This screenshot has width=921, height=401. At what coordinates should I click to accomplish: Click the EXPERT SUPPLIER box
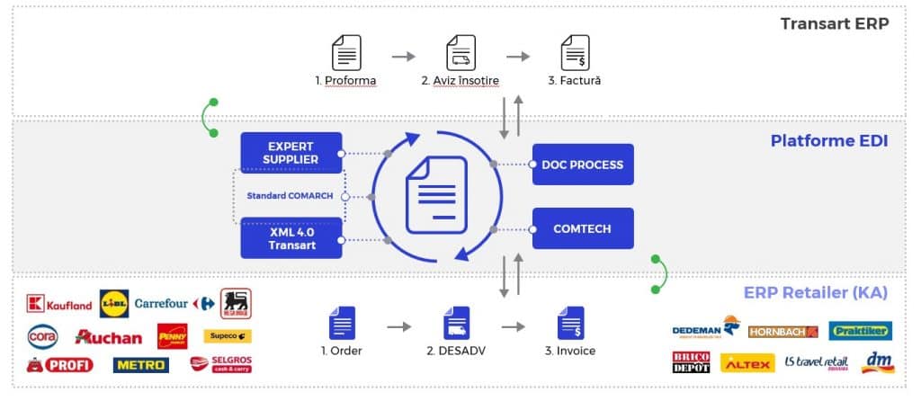click(291, 153)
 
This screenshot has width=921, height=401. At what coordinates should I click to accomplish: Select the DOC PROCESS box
click(583, 165)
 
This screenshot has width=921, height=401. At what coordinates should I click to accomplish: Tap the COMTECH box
click(583, 229)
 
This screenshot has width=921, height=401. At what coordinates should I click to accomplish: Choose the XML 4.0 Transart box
click(291, 238)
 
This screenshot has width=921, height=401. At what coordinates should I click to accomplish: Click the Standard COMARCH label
click(291, 196)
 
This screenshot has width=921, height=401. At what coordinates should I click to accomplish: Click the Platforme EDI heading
click(829, 141)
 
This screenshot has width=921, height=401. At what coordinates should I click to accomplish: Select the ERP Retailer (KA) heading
click(816, 292)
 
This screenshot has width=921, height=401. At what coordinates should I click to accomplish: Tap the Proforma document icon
click(346, 52)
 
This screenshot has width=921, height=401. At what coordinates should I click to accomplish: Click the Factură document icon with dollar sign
click(575, 52)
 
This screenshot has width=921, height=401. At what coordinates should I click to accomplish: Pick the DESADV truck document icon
click(457, 323)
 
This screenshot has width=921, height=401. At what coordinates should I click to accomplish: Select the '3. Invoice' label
click(571, 351)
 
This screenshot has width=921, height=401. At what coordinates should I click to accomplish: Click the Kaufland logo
click(59, 304)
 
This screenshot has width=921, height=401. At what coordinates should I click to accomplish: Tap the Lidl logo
click(114, 304)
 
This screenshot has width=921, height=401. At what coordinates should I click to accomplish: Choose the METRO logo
click(140, 364)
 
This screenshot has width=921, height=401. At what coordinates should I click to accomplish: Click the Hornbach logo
click(782, 331)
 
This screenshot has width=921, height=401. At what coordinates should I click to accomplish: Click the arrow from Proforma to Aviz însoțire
click(404, 56)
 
